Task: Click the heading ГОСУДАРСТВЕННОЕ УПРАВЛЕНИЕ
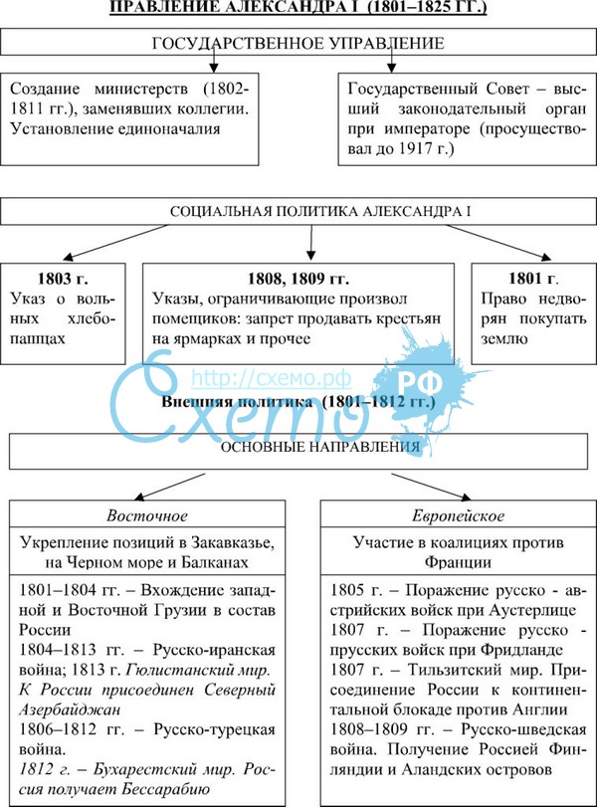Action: click(298, 44)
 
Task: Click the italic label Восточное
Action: click(146, 516)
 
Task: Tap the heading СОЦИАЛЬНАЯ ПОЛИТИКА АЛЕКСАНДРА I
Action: click(306, 213)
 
